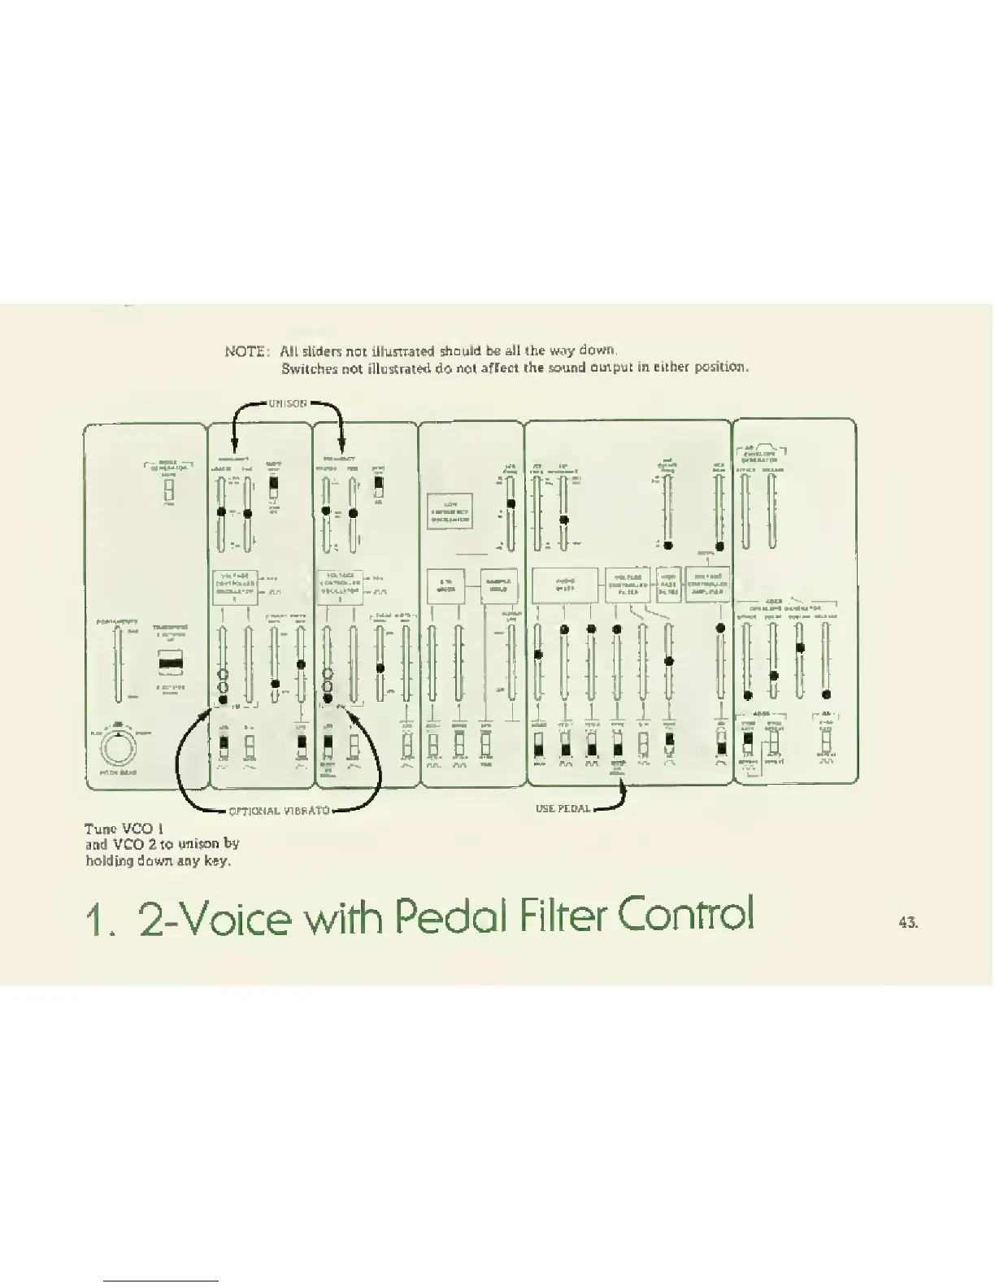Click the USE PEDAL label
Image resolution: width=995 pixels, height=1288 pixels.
pyautogui.click(x=563, y=808)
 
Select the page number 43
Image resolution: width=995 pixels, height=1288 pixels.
pyautogui.click(x=908, y=922)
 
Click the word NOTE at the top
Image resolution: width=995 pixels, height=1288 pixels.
pyautogui.click(x=245, y=351)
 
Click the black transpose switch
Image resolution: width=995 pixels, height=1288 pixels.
pyautogui.click(x=171, y=663)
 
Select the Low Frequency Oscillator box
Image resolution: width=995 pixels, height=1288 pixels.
pyautogui.click(x=450, y=511)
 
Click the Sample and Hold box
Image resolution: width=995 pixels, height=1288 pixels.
pyautogui.click(x=498, y=585)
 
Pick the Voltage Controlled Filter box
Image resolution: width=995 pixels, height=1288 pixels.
pyautogui.click(x=627, y=585)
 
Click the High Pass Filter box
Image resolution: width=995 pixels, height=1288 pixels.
pyautogui.click(x=668, y=584)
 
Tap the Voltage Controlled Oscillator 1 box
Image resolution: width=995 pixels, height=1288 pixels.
pyautogui.click(x=236, y=585)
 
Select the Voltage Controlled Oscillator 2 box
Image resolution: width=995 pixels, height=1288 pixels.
pyautogui.click(x=339, y=585)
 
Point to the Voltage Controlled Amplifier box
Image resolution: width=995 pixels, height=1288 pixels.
pyautogui.click(x=708, y=584)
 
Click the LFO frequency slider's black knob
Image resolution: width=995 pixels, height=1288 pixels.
pyautogui.click(x=511, y=503)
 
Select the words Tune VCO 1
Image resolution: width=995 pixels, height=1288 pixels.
pyautogui.click(x=125, y=829)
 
